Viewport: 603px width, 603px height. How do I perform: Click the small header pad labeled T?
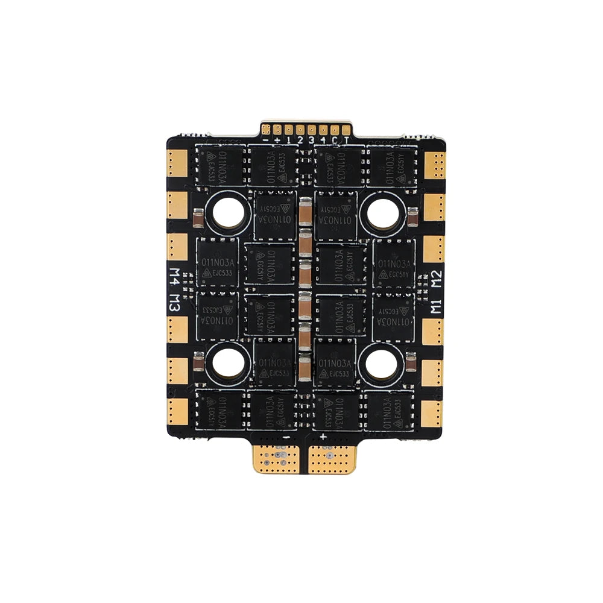[x=345, y=129]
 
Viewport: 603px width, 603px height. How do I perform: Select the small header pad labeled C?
[x=334, y=129]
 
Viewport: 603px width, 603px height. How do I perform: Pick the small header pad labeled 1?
[x=289, y=129]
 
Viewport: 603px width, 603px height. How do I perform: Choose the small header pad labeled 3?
[x=311, y=129]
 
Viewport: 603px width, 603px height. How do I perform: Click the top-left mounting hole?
[x=227, y=212]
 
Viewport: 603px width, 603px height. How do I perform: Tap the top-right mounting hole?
[x=382, y=212]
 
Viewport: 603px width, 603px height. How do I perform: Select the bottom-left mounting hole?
[x=227, y=362]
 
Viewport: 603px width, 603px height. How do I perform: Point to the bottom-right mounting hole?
[x=382, y=362]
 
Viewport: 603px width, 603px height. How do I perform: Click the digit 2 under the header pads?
[x=300, y=140]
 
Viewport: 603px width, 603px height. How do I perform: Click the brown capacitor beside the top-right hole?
[x=412, y=216]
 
